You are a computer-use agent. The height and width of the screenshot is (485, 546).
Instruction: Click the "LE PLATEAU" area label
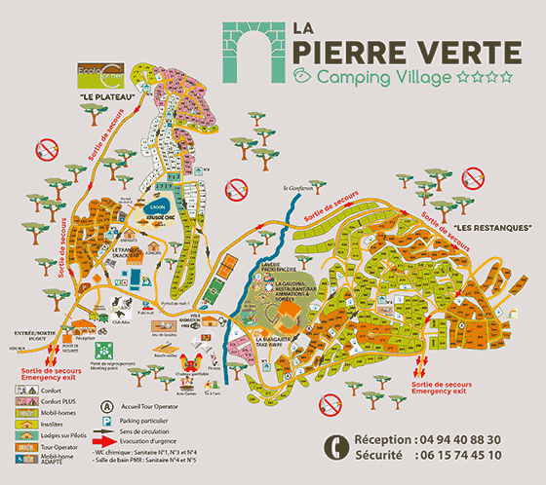tap(107, 98)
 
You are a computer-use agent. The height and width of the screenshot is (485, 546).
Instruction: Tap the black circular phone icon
tap(335, 447)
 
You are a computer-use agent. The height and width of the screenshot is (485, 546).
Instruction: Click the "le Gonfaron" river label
tap(299, 187)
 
